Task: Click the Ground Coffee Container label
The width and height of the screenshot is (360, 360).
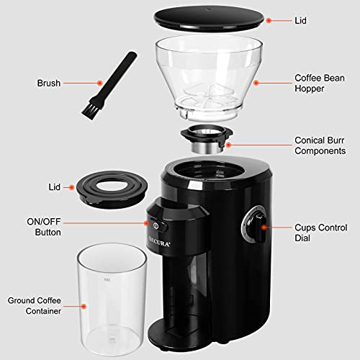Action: [34, 305]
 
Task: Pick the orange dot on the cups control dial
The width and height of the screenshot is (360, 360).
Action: [264, 227]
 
